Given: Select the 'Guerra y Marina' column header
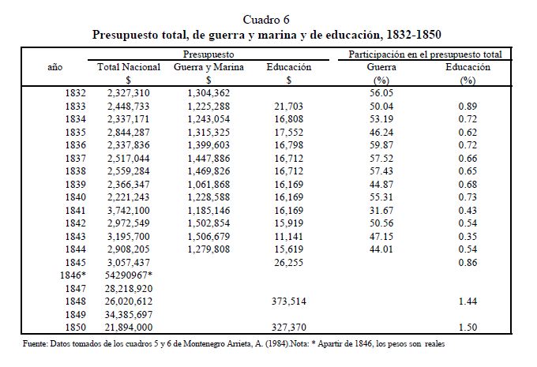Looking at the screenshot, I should [x=208, y=68].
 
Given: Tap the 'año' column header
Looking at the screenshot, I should [x=56, y=68].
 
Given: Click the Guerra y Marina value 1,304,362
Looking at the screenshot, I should [x=209, y=93].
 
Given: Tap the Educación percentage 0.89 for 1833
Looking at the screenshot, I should [x=468, y=106].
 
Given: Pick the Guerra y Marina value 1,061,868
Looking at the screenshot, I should [x=209, y=185].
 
